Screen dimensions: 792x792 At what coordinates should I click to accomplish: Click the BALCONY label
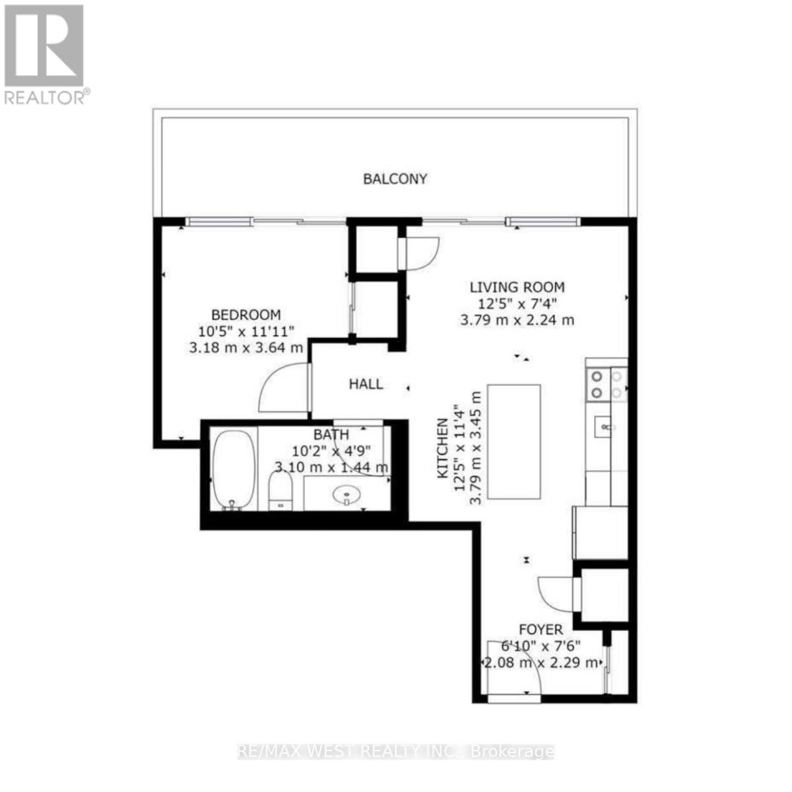pos(395,179)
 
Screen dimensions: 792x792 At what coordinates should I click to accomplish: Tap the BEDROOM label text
pos(246,315)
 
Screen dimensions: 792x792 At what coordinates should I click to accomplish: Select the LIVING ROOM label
pos(517,287)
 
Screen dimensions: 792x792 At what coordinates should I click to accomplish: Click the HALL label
pos(366,384)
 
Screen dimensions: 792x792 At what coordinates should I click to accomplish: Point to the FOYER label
pos(540,630)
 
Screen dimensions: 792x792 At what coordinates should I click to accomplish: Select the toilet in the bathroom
pos(280,492)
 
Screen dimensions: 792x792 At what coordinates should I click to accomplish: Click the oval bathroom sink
pos(345,494)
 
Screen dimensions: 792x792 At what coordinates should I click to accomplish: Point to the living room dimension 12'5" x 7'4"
pos(517,304)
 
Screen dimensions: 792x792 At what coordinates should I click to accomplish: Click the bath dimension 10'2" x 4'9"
pos(331,451)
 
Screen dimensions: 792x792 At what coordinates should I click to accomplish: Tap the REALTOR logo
pos(45,53)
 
